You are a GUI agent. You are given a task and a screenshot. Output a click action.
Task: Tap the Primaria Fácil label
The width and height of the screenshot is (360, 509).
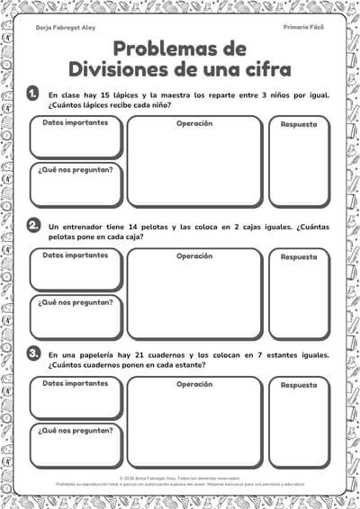(x=303, y=29)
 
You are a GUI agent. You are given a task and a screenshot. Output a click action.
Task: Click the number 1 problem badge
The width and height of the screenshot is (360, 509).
(x=33, y=93)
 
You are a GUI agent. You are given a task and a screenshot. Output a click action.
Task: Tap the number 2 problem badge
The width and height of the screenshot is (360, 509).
(x=33, y=225)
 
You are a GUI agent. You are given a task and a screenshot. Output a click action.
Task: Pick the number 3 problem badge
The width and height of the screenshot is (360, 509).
(x=33, y=354)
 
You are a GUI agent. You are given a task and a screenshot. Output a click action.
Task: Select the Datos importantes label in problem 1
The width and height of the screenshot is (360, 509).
(x=76, y=122)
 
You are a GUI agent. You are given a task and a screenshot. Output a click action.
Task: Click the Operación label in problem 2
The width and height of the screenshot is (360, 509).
(x=194, y=255)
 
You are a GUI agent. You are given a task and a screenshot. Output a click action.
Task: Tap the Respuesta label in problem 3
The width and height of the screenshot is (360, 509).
(x=299, y=385)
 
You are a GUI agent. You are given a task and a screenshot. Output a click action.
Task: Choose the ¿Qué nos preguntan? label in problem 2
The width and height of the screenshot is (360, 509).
(x=76, y=302)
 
